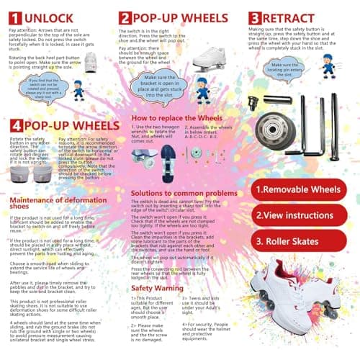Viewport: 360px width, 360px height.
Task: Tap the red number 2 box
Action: pos(125,18)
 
